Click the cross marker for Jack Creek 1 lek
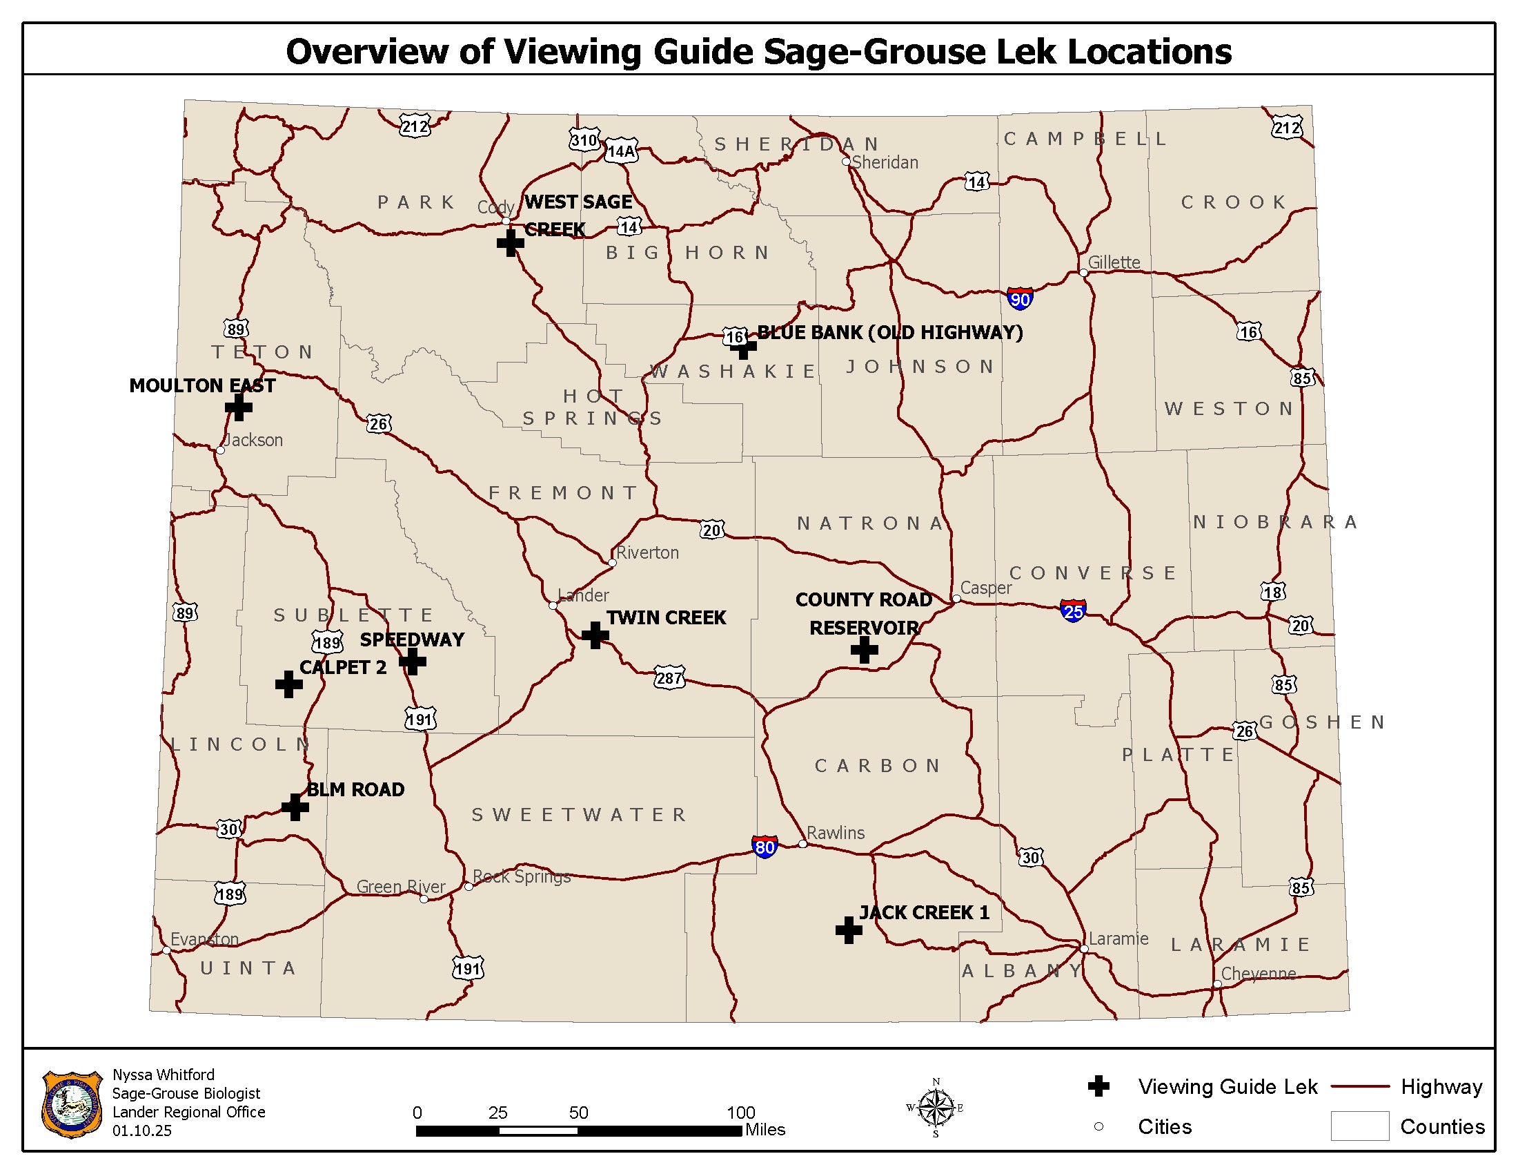(849, 930)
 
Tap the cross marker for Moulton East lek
(239, 407)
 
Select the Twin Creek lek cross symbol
(595, 635)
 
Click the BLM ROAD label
(355, 789)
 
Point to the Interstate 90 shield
(1020, 299)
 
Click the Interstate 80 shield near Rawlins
(765, 847)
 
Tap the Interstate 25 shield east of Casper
(1073, 610)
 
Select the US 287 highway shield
(669, 677)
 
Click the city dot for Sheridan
(846, 162)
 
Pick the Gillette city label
(1114, 262)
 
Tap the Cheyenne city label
(1258, 973)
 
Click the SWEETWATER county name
(579, 814)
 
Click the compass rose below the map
(936, 1107)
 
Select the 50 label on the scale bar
(578, 1112)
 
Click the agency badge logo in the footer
(72, 1104)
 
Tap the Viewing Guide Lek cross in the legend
(1098, 1086)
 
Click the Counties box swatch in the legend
(1359, 1126)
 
